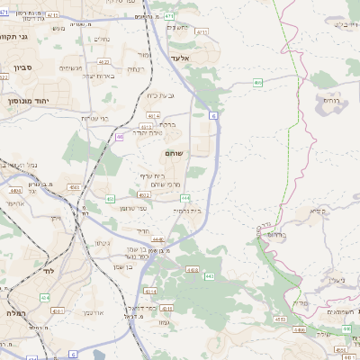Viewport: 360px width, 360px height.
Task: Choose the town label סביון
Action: (x=23, y=68)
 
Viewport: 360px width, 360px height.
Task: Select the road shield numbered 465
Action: (x=258, y=83)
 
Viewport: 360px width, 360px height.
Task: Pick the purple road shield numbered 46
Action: (x=119, y=137)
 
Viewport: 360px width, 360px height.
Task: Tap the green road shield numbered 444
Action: (x=184, y=197)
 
